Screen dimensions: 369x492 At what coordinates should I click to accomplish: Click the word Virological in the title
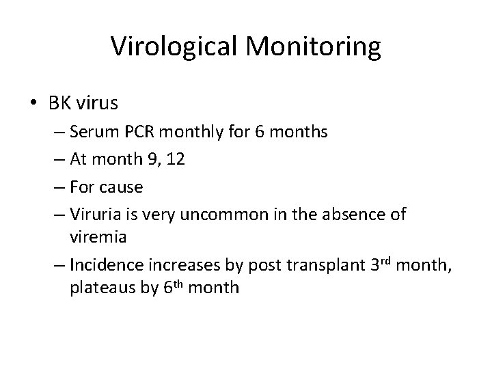[x=172, y=46]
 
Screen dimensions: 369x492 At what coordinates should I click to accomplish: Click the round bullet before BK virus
[x=33, y=103]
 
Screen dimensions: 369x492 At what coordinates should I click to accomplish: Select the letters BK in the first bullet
[x=58, y=103]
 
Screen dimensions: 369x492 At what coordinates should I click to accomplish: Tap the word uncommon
[x=228, y=215]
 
